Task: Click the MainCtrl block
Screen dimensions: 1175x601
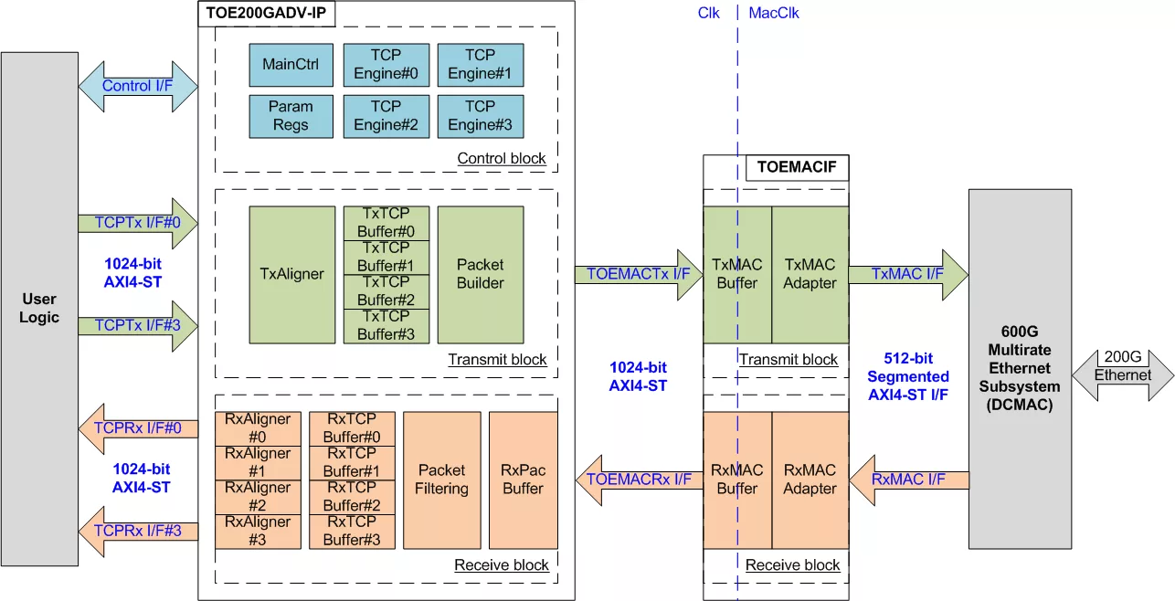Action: tap(291, 65)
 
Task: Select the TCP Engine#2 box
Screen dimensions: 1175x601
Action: tap(386, 116)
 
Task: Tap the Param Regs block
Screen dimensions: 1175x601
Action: tap(291, 116)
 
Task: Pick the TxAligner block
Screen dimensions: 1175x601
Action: tap(292, 275)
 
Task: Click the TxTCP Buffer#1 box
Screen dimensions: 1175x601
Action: tap(386, 258)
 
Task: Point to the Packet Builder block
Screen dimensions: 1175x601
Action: tap(481, 275)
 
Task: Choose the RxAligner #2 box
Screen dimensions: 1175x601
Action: tap(258, 497)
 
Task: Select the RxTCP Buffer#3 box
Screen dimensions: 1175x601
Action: tap(352, 532)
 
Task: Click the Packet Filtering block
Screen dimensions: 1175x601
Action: tap(441, 480)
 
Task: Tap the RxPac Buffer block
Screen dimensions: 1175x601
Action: tap(523, 480)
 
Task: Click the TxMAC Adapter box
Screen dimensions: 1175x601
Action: tap(810, 275)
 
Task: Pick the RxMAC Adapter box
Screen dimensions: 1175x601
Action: tap(810, 480)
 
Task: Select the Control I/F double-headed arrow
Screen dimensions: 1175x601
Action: tap(138, 87)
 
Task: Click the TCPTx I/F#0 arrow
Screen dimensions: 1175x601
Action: tap(138, 224)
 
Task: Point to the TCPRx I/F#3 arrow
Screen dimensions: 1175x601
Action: tap(138, 532)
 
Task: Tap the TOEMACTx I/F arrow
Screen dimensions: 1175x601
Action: tap(639, 275)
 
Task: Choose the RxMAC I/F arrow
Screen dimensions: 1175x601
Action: tap(909, 480)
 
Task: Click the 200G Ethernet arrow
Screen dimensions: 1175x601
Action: tap(1123, 375)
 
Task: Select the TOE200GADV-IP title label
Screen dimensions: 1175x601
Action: tap(267, 13)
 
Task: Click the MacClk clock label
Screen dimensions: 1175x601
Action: tap(774, 13)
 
